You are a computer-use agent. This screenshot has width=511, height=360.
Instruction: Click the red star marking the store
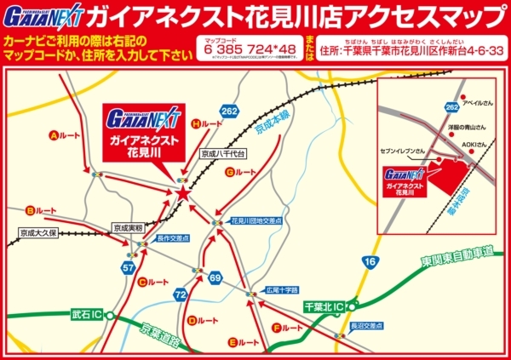click(182, 194)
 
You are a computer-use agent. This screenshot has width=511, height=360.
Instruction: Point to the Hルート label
click(208, 124)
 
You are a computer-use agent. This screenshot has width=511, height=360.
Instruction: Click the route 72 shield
click(180, 294)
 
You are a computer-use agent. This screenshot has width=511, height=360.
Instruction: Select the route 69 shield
click(215, 278)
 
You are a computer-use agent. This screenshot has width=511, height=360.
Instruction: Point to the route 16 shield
click(369, 262)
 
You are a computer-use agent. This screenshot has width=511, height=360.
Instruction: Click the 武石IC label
click(86, 315)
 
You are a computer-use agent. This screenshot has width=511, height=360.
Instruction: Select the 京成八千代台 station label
click(223, 154)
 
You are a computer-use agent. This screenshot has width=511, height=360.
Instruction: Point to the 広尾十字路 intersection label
click(284, 289)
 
